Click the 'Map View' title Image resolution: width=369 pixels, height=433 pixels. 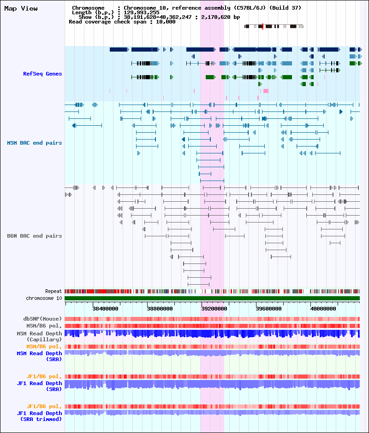pyautogui.click(x=21, y=9)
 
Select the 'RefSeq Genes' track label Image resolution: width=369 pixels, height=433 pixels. pyautogui.click(x=42, y=74)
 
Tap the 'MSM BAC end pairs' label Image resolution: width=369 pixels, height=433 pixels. pyautogui.click(x=35, y=143)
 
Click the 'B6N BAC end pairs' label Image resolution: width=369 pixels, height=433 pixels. pyautogui.click(x=35, y=236)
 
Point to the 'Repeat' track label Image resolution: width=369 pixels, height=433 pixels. pyautogui.click(x=54, y=291)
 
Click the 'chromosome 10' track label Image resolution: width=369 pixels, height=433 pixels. pyautogui.click(x=44, y=298)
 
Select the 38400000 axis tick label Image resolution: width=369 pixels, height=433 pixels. pyautogui.click(x=105, y=309)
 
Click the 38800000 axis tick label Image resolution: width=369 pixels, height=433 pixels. pyautogui.click(x=160, y=309)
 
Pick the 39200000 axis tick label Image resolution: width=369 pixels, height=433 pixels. pyautogui.click(x=214, y=309)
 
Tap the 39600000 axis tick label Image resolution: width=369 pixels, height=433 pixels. pyautogui.click(x=269, y=309)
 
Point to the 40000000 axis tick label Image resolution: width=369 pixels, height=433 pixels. pyautogui.click(x=323, y=309)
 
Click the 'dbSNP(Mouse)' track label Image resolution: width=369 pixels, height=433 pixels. pyautogui.click(x=42, y=319)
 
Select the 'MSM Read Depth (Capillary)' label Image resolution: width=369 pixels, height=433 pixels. pyautogui.click(x=39, y=336)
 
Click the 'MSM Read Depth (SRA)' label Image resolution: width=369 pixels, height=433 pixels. pyautogui.click(x=39, y=356)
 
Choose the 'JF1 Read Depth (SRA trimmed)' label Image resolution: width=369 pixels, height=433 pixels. pyautogui.click(x=39, y=416)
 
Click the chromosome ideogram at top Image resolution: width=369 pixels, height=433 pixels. pyautogui.click(x=274, y=27)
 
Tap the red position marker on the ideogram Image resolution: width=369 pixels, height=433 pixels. pyautogui.click(x=262, y=27)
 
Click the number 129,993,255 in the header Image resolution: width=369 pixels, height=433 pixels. pyautogui.click(x=142, y=12)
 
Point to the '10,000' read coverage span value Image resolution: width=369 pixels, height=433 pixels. pyautogui.click(x=166, y=22)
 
